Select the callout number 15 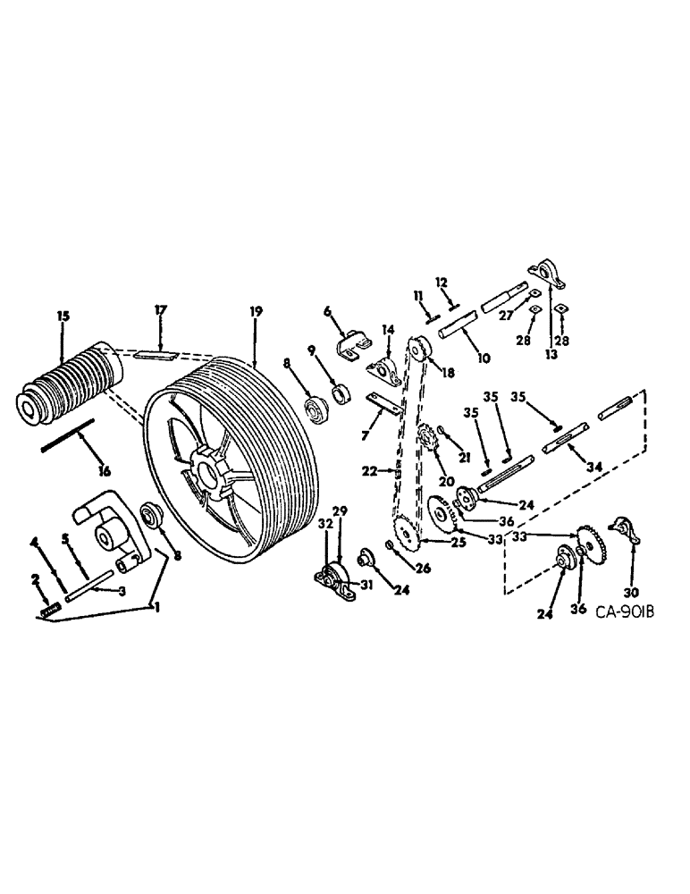pyautogui.click(x=63, y=316)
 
